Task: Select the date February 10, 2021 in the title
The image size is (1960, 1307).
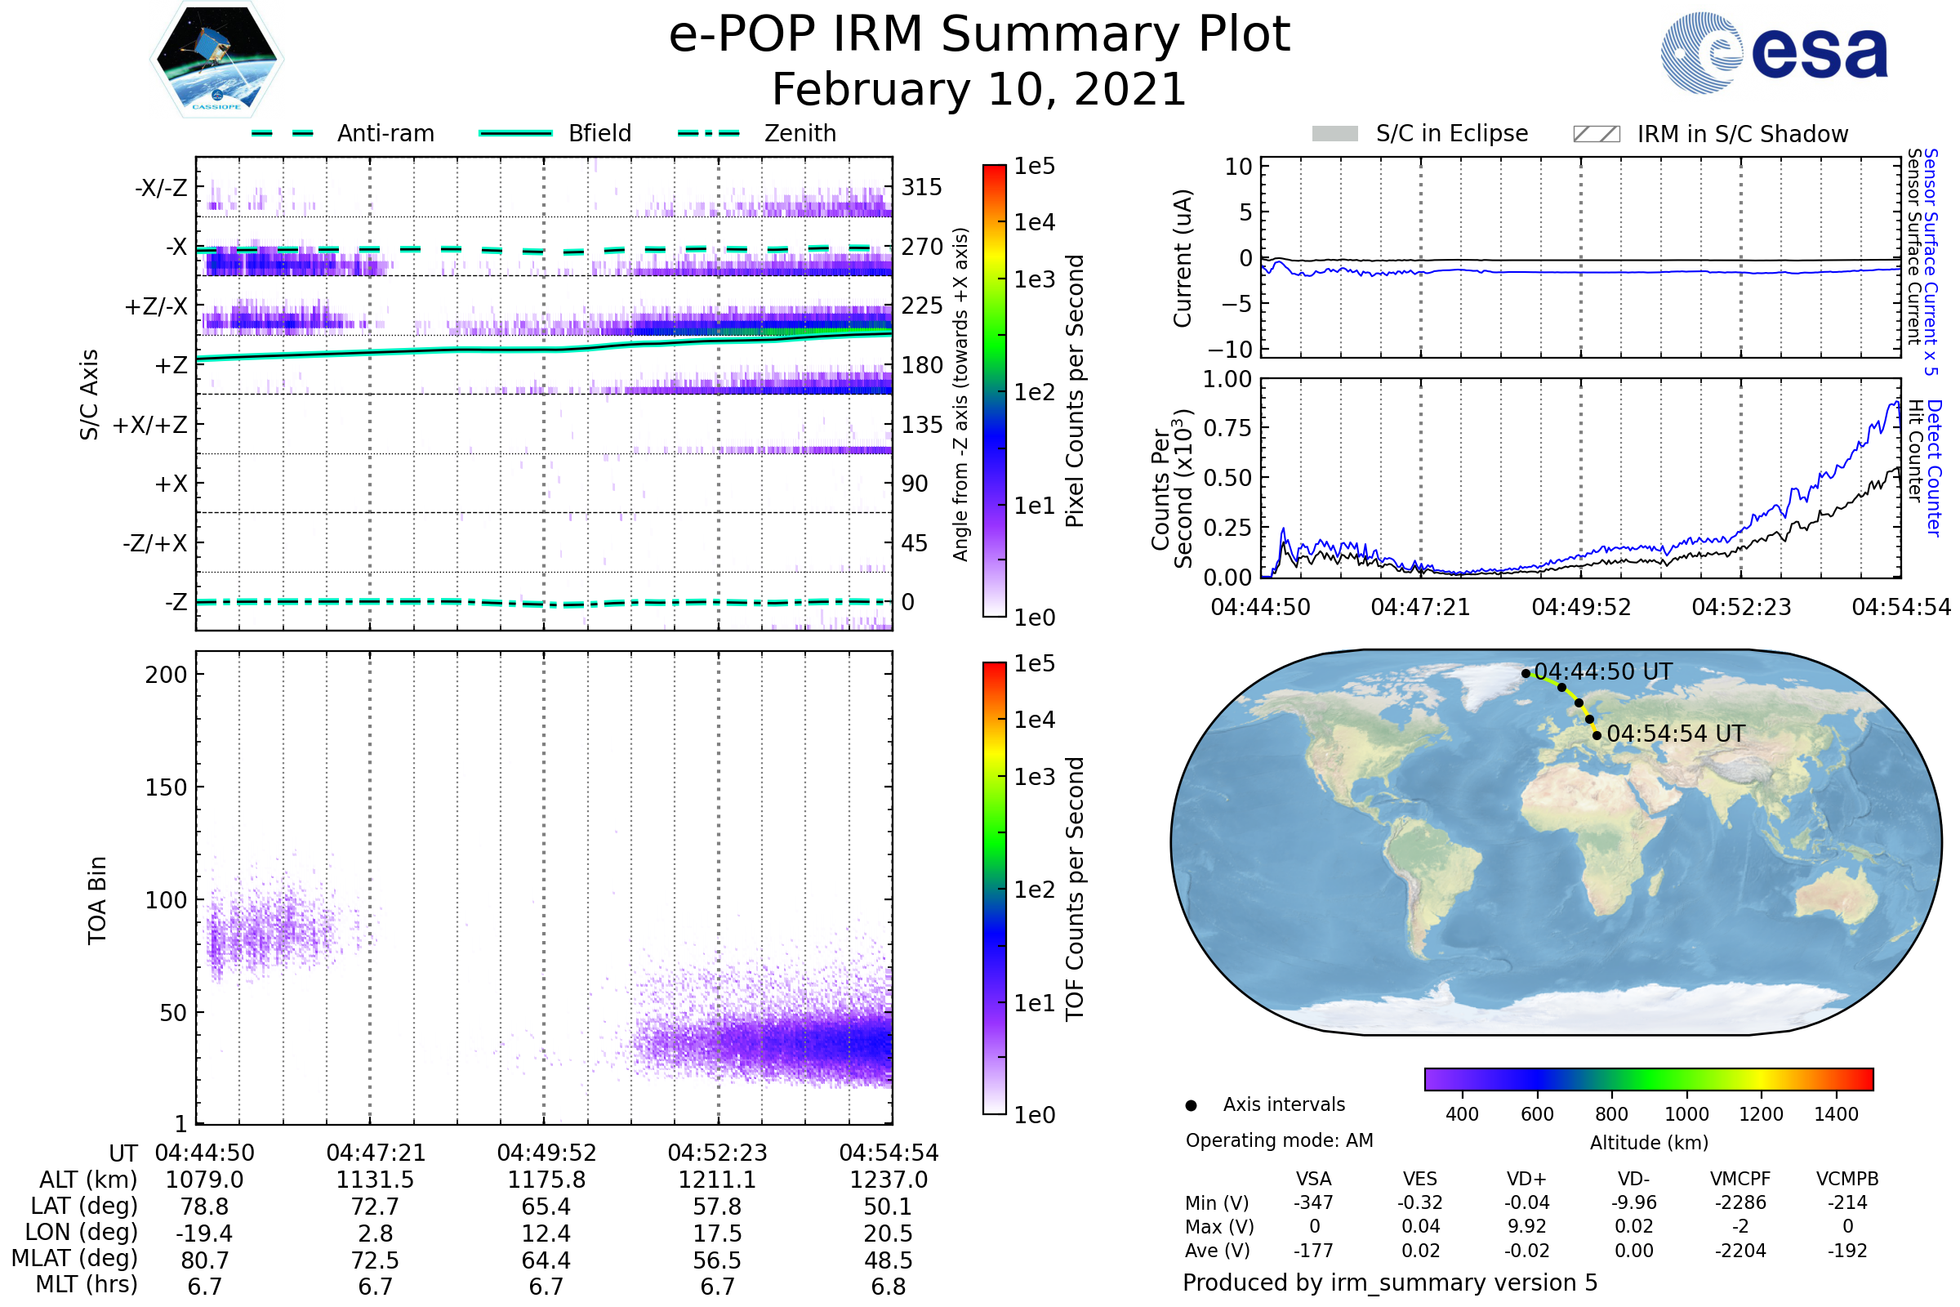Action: (x=979, y=89)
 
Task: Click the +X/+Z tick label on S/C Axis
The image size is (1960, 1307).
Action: (x=150, y=425)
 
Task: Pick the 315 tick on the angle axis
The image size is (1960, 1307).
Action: (x=921, y=187)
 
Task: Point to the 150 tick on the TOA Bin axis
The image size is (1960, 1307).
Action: (x=166, y=787)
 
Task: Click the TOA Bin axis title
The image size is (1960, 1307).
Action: (x=96, y=900)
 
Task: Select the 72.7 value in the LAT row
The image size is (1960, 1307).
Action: (x=375, y=1207)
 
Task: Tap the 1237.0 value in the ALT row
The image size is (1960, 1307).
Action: (x=889, y=1180)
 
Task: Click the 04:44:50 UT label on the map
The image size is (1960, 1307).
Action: (x=1602, y=671)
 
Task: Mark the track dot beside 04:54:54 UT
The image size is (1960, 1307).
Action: (x=1597, y=735)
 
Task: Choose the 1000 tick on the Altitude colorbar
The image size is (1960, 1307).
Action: (x=1686, y=1114)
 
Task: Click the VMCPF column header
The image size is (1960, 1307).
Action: (x=1740, y=1179)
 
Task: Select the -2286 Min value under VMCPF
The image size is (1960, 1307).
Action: (x=1740, y=1202)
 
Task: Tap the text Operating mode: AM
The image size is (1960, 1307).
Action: (x=1279, y=1140)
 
